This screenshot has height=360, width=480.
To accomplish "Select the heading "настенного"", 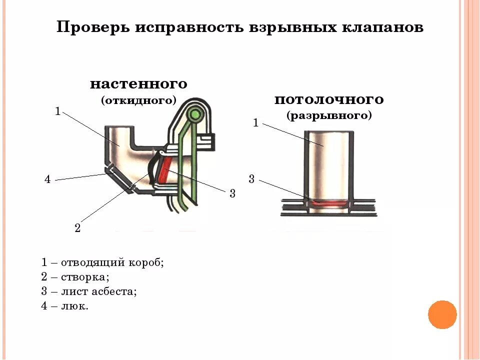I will [x=138, y=83].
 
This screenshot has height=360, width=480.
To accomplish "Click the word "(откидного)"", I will [x=139, y=100].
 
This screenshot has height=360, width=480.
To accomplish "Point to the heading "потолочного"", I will [x=329, y=99].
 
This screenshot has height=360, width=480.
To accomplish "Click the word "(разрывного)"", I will [x=329, y=116].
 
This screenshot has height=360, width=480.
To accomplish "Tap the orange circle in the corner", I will [x=442, y=314].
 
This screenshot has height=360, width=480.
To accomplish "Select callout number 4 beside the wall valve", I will [x=47, y=179].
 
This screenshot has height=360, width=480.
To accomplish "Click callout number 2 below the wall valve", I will [x=77, y=228].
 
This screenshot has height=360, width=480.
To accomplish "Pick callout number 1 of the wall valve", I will [x=57, y=111].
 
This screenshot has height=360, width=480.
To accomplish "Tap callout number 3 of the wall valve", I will [x=232, y=193].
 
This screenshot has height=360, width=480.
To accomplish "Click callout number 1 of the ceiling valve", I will [x=255, y=122].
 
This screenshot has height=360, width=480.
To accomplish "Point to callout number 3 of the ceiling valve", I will [x=251, y=179].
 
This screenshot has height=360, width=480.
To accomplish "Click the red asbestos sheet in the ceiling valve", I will [x=328, y=203].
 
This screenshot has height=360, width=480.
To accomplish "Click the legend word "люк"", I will [x=76, y=306].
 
